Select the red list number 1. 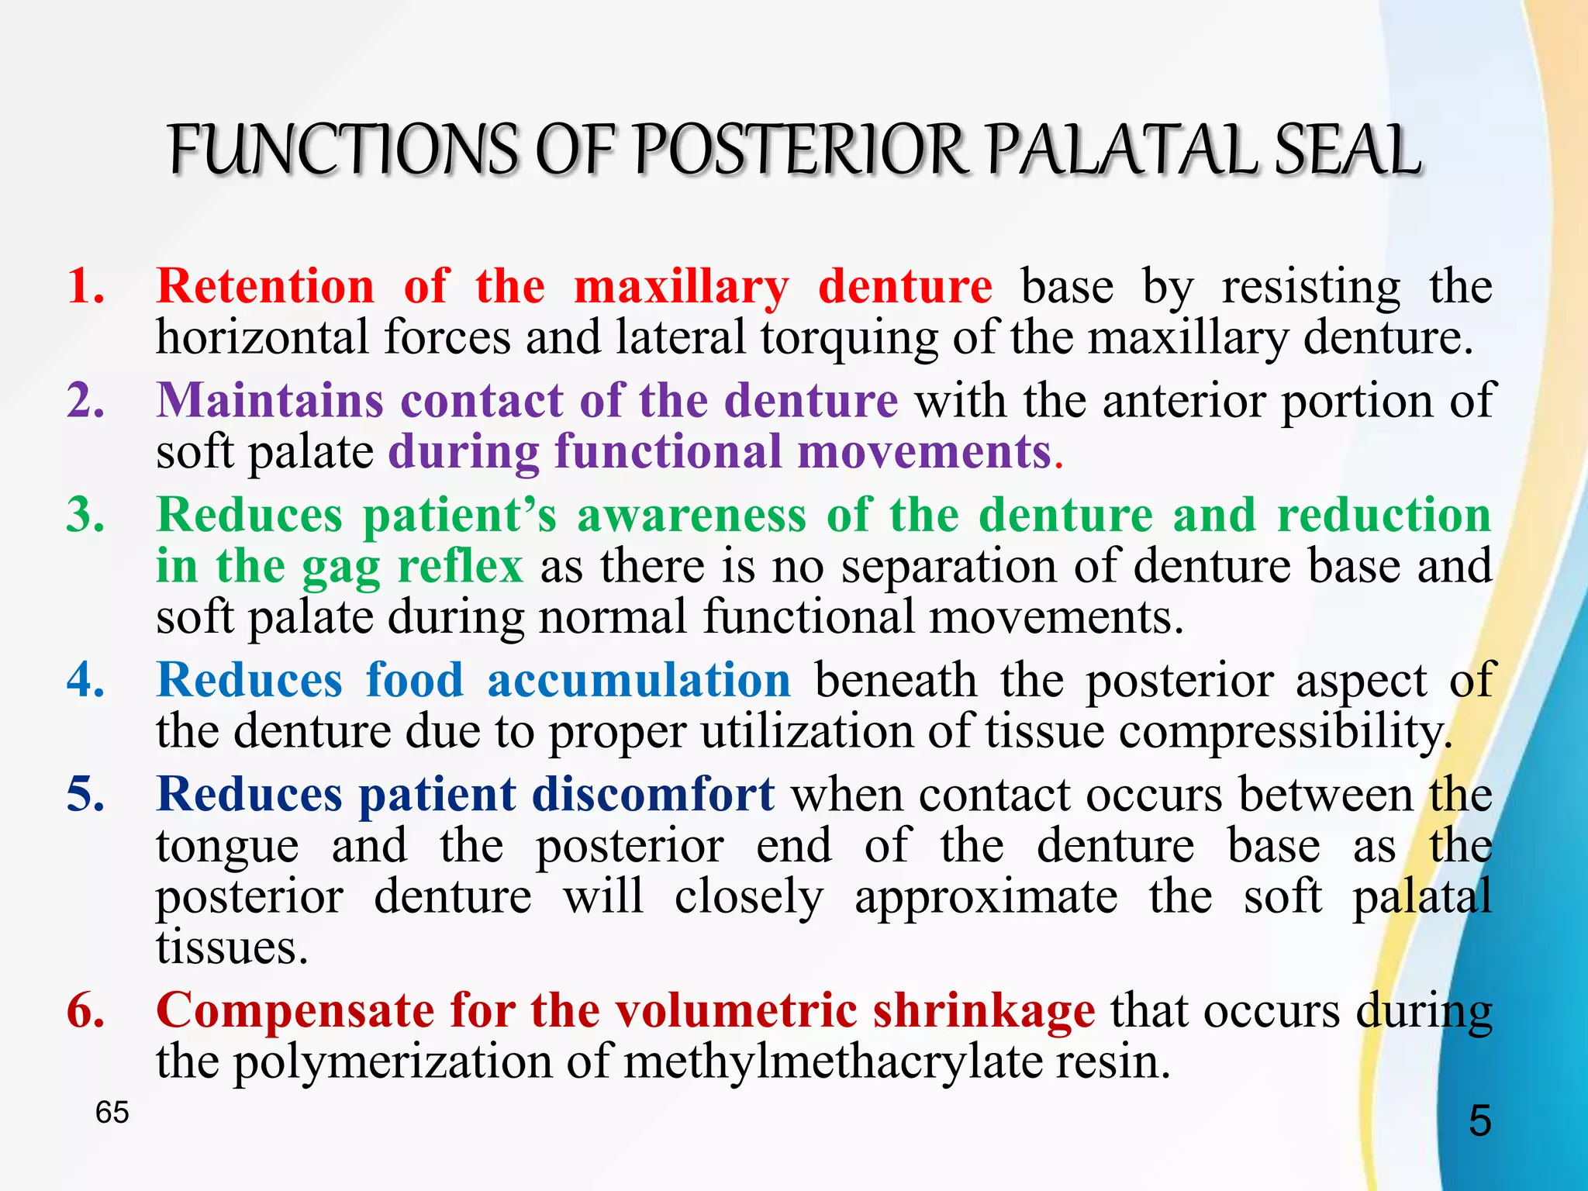click(85, 286)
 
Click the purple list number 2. click(85, 401)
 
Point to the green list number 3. click(85, 515)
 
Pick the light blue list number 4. click(85, 680)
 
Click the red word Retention click(265, 286)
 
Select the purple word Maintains click(270, 401)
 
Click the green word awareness click(692, 515)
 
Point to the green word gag click(340, 568)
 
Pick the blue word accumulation click(639, 680)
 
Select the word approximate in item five click(986, 898)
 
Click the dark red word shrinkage click(983, 1012)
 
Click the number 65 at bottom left click(112, 1113)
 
